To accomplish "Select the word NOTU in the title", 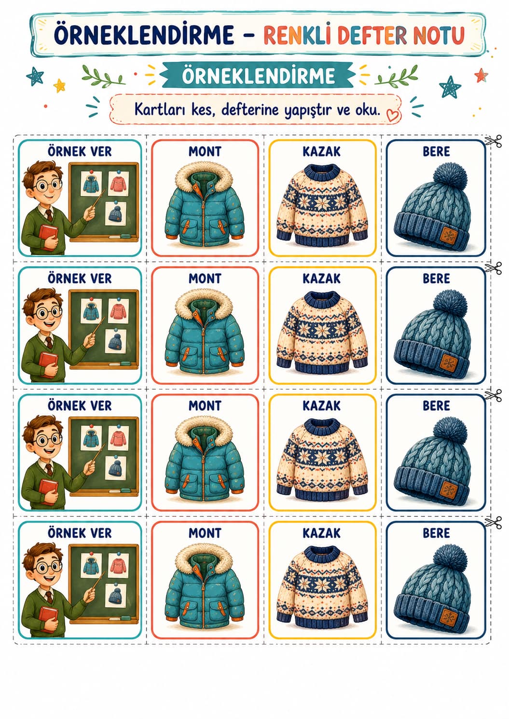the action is click(x=439, y=35).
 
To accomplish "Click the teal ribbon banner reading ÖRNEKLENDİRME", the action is click(x=259, y=75).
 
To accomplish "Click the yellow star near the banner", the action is click(x=59, y=85).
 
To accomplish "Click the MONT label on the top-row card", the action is click(x=205, y=151).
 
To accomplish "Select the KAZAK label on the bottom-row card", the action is click(x=321, y=533).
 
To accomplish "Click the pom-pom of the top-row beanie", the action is click(x=450, y=176).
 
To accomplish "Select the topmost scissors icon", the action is click(x=493, y=141).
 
